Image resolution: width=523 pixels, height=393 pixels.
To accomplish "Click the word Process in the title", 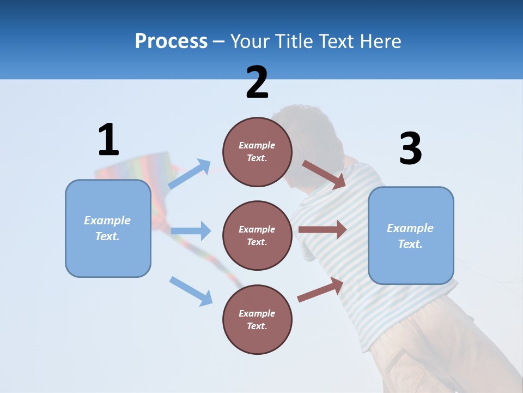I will click(171, 41).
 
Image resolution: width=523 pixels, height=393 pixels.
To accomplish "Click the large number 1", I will click(108, 140).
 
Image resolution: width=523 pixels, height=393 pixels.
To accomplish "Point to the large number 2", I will click(257, 82).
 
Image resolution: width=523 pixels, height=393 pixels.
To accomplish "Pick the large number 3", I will click(411, 149).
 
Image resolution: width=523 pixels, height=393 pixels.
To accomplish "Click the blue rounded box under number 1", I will click(108, 228).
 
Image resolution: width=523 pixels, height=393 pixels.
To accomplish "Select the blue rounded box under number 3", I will click(411, 236).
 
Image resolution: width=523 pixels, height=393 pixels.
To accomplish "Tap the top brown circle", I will click(257, 152).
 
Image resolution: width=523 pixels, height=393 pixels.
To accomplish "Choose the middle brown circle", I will click(257, 235).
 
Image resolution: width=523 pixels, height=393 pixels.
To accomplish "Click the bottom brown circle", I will click(257, 319).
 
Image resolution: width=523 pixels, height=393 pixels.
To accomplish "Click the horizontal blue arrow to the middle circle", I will click(191, 231).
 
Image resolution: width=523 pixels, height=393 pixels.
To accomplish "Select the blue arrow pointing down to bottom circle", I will click(191, 290).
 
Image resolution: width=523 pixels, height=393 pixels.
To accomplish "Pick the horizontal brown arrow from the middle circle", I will click(322, 230).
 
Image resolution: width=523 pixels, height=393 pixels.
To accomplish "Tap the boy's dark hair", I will click(305, 131).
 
